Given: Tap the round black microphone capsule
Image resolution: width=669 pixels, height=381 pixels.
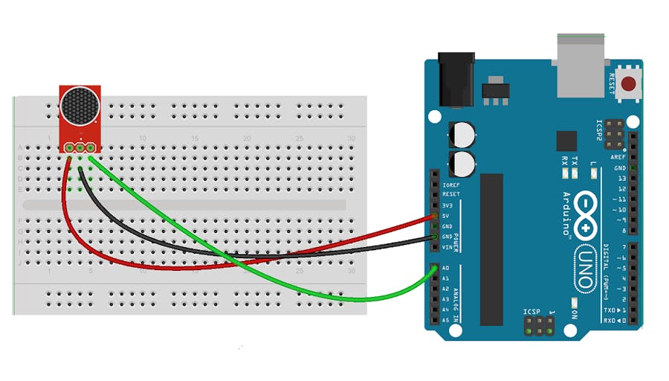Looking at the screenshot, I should [x=80, y=106].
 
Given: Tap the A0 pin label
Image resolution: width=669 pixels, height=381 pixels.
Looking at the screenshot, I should [x=445, y=268].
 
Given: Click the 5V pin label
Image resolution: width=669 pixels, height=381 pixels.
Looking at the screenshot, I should [x=445, y=216].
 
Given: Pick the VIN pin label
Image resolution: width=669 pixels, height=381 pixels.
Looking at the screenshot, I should [x=446, y=247].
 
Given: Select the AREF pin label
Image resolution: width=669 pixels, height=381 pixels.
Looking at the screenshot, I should [x=618, y=158].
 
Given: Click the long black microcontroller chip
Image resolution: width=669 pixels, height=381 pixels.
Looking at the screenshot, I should [x=491, y=249].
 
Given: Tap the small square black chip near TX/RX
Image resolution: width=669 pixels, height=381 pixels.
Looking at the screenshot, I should [x=566, y=141].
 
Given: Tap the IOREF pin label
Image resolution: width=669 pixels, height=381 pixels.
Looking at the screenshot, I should [x=450, y=185].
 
